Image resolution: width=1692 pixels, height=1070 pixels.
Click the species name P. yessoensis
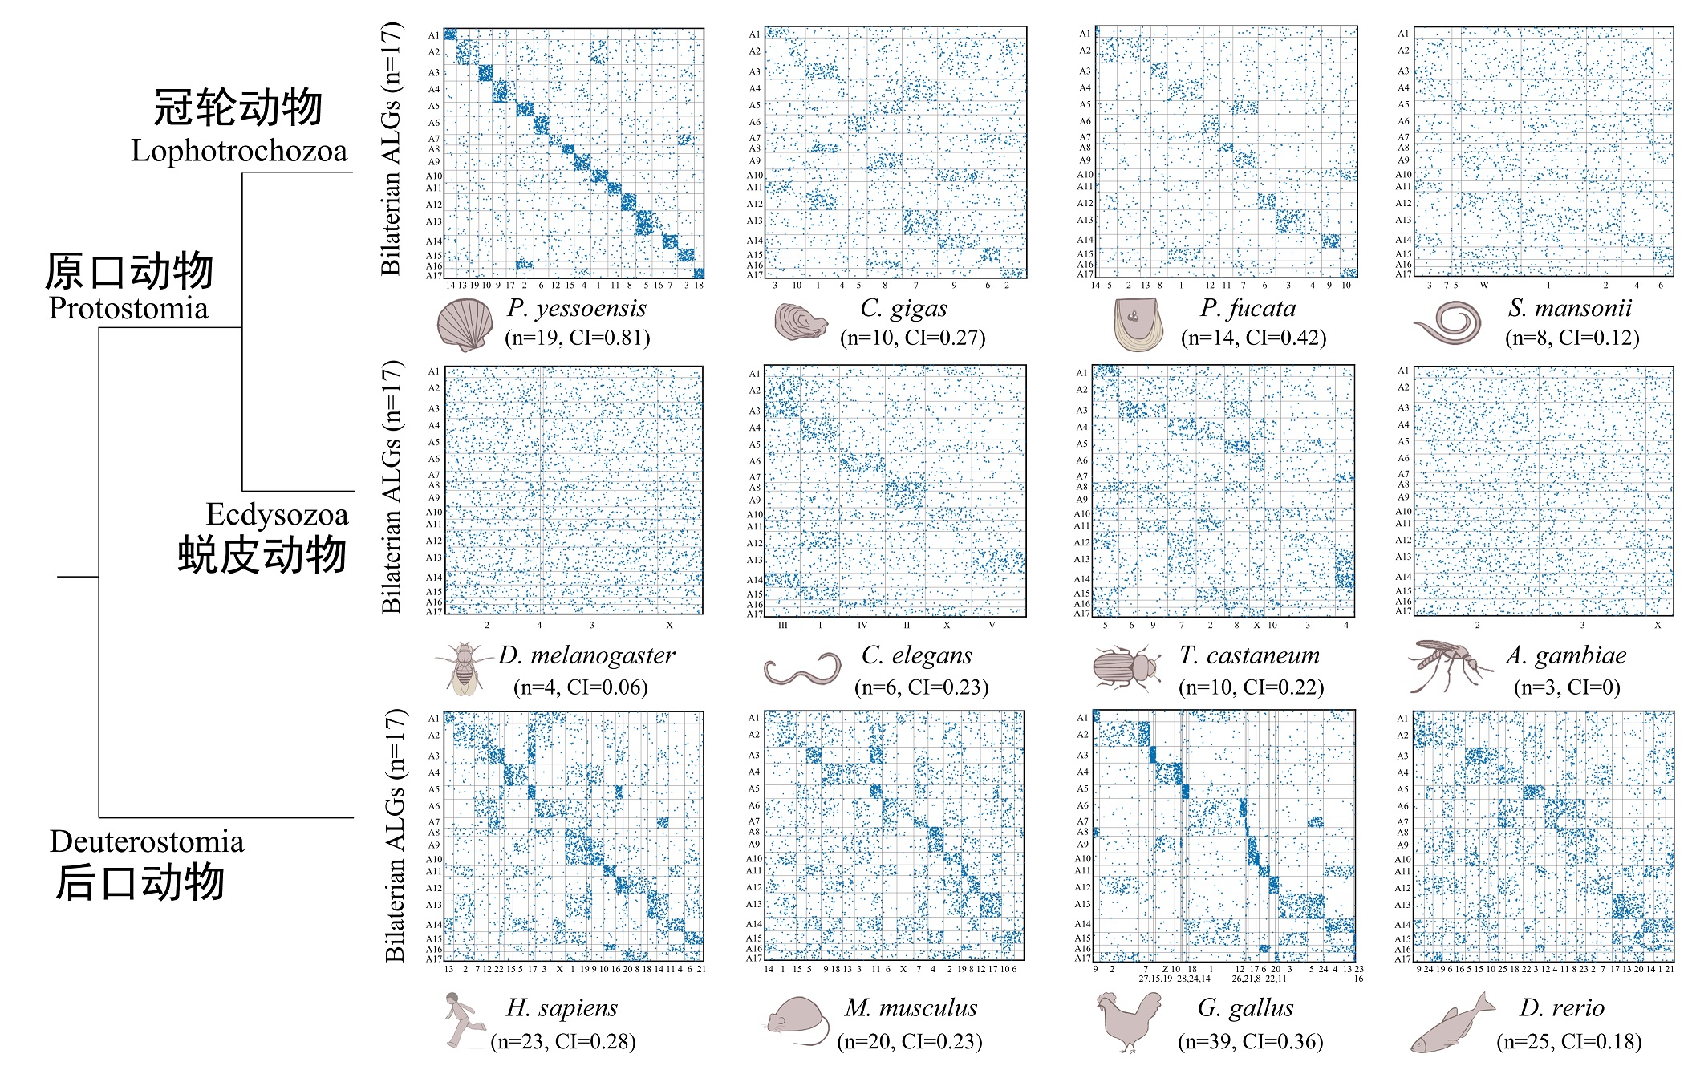(576, 308)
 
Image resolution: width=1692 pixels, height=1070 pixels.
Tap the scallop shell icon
(464, 325)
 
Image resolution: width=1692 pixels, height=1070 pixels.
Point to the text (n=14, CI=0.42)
(1253, 338)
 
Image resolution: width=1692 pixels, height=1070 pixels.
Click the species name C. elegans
(916, 655)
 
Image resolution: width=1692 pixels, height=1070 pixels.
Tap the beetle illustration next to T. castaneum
(1126, 668)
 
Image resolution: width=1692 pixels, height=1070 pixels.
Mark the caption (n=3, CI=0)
(1566, 687)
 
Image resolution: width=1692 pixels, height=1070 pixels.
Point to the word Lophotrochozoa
(239, 151)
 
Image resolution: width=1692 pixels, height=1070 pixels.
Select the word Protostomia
(128, 308)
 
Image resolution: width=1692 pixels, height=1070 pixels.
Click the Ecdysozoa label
(277, 515)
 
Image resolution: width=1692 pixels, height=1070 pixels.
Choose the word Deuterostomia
(147, 841)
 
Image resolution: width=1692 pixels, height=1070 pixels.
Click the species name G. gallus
(1245, 1008)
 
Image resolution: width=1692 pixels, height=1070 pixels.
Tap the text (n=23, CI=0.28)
(562, 1042)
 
